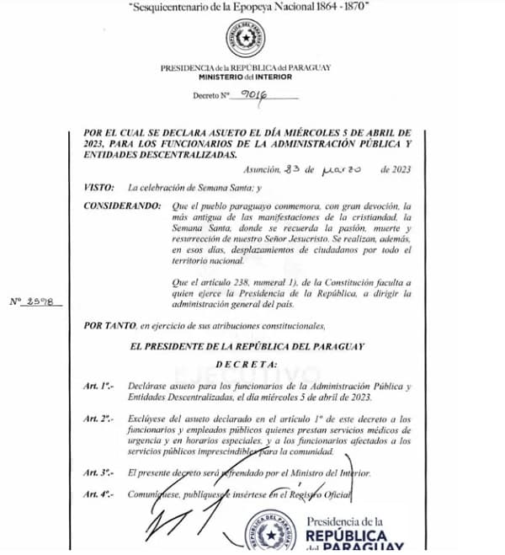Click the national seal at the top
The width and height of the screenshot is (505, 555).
(245, 40)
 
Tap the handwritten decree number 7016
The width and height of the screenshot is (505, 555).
(252, 95)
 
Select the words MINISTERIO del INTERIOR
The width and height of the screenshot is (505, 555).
(245, 76)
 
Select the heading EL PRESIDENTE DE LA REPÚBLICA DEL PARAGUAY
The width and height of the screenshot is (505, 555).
(246, 345)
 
